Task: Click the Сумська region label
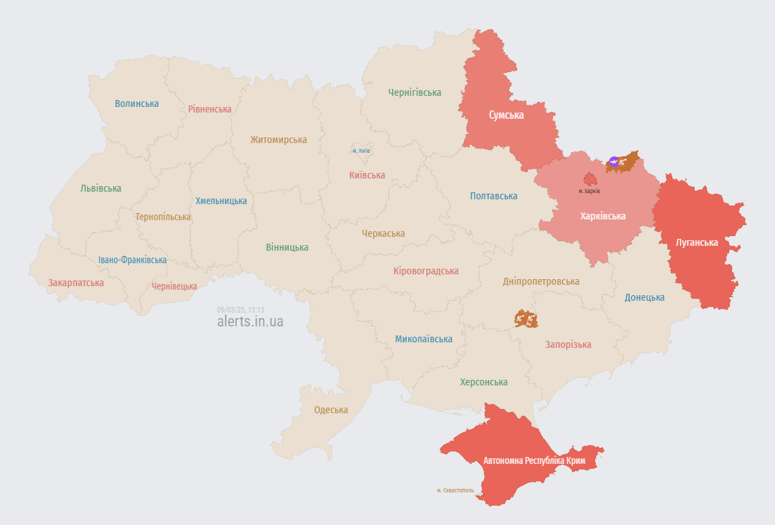click(506, 115)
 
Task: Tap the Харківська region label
click(603, 216)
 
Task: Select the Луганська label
click(697, 242)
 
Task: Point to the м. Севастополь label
click(455, 490)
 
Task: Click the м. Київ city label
click(360, 151)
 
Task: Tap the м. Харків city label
click(590, 191)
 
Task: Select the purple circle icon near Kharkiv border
click(613, 162)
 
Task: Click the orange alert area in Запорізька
click(526, 319)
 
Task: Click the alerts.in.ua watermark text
click(250, 322)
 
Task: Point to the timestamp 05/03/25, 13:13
click(240, 310)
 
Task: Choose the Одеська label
click(331, 410)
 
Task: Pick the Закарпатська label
click(76, 283)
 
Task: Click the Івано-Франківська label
click(132, 260)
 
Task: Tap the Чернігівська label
click(415, 92)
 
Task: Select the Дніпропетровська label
click(540, 281)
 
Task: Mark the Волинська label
click(136, 103)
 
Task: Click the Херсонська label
click(483, 382)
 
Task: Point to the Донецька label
click(644, 297)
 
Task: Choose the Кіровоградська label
click(425, 271)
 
